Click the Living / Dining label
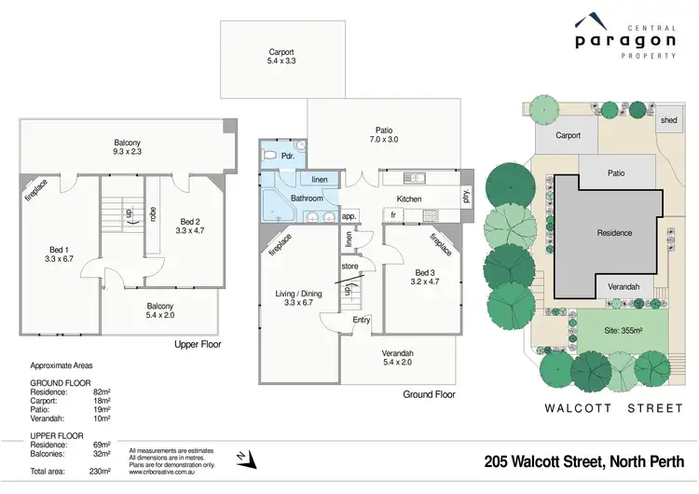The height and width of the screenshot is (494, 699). point(300,299)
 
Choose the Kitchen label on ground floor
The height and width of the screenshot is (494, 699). point(411,199)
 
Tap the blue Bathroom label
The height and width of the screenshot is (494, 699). point(306,199)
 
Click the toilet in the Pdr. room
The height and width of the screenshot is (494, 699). point(271,156)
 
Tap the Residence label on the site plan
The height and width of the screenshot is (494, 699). point(614,233)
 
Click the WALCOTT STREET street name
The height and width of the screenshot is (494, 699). point(614,408)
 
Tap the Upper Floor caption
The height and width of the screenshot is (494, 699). point(198,344)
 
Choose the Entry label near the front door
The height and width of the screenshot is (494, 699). point(361,321)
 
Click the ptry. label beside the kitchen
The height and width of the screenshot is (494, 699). point(466,197)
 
